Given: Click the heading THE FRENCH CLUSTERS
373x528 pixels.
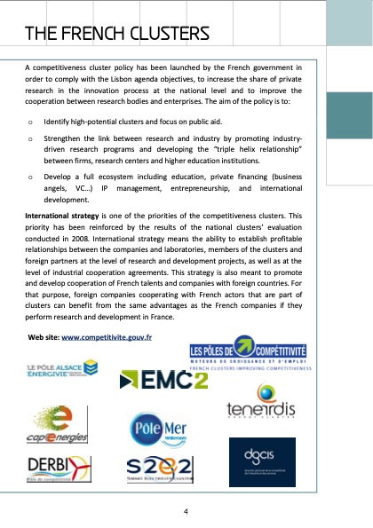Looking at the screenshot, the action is click(117, 35).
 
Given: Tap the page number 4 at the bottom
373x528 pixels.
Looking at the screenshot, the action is click(186, 512).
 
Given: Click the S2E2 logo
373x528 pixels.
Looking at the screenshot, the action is click(160, 469).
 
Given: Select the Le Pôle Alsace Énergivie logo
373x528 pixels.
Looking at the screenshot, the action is click(61, 368).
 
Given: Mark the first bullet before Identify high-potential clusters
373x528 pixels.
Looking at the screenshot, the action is click(30, 119).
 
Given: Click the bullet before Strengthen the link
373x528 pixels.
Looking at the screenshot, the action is click(30, 139).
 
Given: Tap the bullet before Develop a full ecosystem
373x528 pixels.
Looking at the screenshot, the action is click(30, 177).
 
